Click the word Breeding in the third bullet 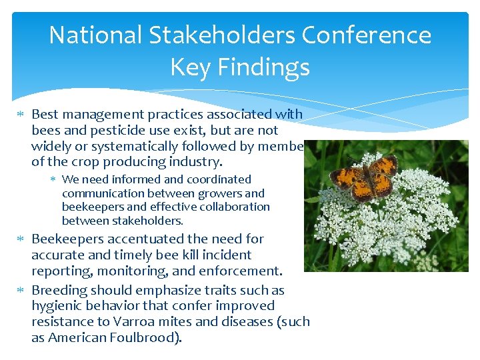pos(58,290)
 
